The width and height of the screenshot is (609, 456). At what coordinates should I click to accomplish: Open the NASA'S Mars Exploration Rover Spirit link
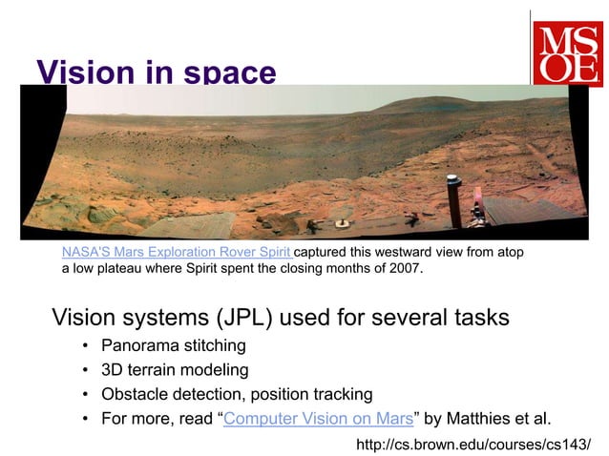[176, 252]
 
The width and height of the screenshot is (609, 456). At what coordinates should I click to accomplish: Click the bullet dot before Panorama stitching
[85, 345]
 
